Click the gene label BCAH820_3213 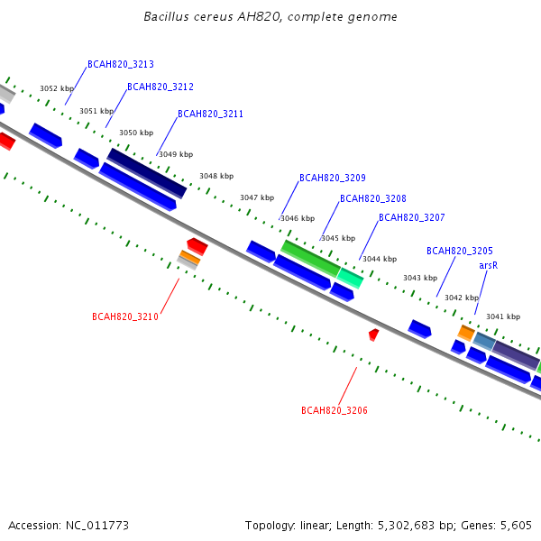121,65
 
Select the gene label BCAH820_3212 160,87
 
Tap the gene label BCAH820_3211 210,114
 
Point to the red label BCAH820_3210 125,316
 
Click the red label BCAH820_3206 335,410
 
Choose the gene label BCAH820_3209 333,178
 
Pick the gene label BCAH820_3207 412,217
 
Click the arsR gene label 489,266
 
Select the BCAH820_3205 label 460,251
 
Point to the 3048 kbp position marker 216,177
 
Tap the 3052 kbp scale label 57,88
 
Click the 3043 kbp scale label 420,278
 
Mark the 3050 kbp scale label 136,133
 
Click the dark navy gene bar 147,173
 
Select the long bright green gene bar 311,259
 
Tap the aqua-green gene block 350,278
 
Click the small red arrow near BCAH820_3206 373,335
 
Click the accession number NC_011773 97,526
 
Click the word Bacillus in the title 166,16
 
